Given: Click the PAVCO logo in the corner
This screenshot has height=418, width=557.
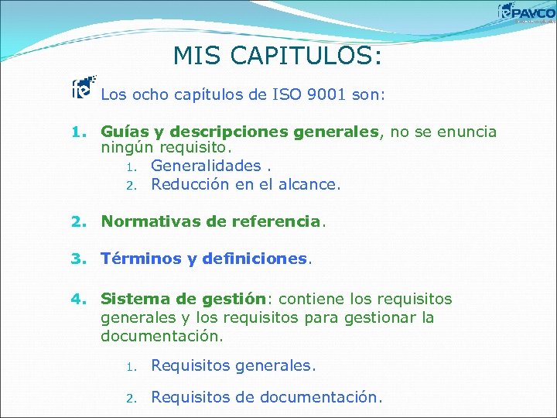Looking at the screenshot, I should click(527, 12).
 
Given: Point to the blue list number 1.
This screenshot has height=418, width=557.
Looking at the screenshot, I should click(77, 133).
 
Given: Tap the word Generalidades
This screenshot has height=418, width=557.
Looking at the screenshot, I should click(206, 166).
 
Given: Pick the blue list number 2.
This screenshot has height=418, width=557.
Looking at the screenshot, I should click(77, 222).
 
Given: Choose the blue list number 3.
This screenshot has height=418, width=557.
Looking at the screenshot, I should click(77, 259).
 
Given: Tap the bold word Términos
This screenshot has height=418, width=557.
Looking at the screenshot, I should click(142, 259).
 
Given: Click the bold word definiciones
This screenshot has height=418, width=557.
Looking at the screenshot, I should click(255, 259).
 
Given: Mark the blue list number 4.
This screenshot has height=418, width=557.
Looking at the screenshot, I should click(77, 299).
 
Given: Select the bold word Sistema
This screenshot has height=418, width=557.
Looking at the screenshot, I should click(132, 299).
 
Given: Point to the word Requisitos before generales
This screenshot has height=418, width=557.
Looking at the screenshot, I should click(190, 365).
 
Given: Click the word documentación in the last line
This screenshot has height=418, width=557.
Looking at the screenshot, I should click(320, 398).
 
